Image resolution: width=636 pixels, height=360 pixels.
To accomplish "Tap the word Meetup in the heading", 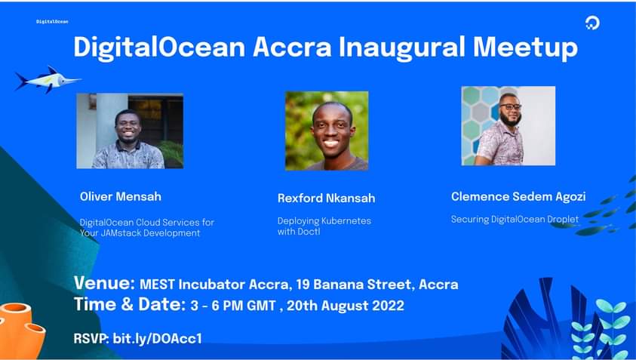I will (525, 48).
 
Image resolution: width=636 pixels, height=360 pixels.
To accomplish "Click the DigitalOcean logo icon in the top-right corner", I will (592, 23).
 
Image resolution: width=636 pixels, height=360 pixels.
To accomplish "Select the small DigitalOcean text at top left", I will (52, 21).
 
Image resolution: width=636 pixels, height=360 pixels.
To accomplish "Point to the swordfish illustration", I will (47, 78).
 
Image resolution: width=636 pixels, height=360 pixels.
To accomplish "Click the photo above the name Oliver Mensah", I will (130, 131).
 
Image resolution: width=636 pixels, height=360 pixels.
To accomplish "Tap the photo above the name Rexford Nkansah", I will (327, 131).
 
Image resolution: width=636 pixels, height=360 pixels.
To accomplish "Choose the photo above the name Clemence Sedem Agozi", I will (508, 125).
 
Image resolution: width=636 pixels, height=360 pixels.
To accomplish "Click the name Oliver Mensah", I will (121, 197).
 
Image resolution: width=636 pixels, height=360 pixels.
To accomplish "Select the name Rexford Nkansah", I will (326, 198).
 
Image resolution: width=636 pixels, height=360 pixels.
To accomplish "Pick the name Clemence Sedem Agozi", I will (518, 197).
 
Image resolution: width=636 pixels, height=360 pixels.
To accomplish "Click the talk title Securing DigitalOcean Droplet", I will (515, 220).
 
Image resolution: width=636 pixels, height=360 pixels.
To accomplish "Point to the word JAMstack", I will (120, 233).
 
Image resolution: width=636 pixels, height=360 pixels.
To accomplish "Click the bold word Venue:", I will (104, 285).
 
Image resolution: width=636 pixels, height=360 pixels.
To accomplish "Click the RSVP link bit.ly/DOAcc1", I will (157, 339).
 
